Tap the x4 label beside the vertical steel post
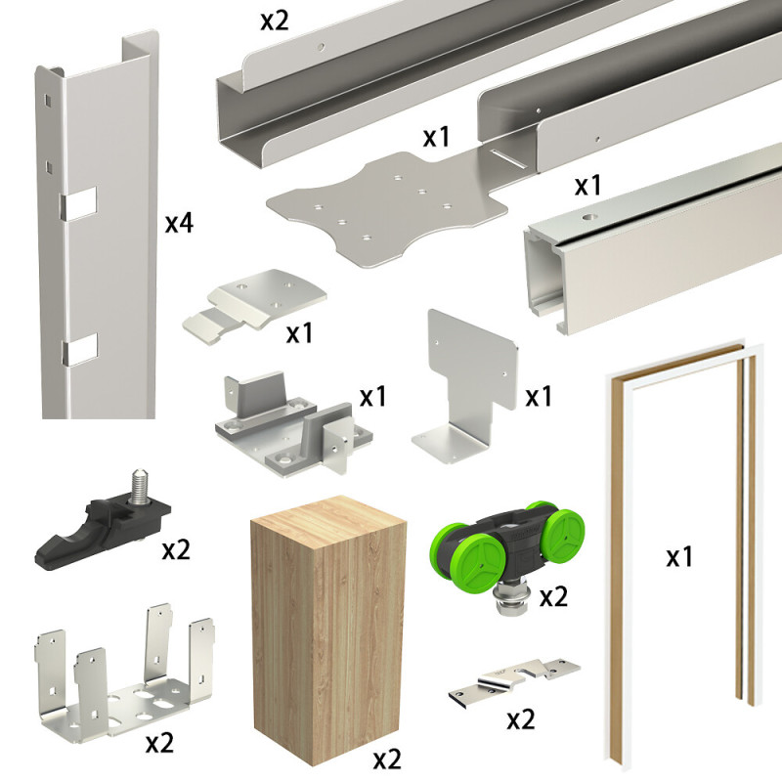tap(179, 223)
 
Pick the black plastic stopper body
tap(98, 528)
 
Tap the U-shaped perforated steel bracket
tap(122, 684)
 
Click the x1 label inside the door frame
tap(679, 557)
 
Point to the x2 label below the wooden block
tap(387, 758)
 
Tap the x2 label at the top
tap(275, 19)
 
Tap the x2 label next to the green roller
tap(553, 596)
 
